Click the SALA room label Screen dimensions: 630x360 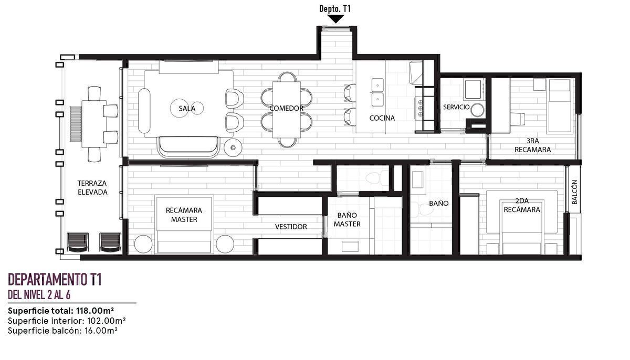coord(187,109)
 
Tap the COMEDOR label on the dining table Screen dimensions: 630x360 coord(286,108)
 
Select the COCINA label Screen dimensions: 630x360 coord(382,118)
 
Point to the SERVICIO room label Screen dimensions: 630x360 coord(456,107)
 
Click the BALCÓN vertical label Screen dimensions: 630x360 coord(574,192)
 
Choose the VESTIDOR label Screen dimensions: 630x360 coord(291,227)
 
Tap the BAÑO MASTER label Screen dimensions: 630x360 coord(347,220)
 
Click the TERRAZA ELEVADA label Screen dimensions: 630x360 coord(92,188)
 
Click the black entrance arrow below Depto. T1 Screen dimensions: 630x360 coord(335,19)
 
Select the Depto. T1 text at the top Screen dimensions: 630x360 coord(335,9)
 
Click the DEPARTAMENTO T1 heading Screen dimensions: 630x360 coord(55,280)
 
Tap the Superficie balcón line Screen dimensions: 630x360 coord(62,331)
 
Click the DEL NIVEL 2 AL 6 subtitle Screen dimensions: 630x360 coord(39,295)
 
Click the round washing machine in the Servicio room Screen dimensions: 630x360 coord(477,110)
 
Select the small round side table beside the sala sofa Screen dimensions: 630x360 coord(233,147)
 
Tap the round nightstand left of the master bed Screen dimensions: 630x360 coord(143,244)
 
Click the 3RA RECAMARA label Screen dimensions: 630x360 coord(533,145)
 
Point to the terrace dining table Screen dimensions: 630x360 coord(94,124)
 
